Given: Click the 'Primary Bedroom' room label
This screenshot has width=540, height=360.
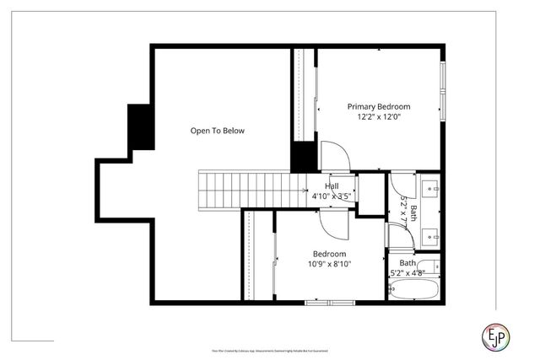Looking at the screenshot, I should click(x=379, y=106).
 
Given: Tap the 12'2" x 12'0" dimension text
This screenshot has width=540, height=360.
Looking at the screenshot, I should click(x=379, y=117).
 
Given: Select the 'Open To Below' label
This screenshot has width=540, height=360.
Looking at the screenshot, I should click(x=217, y=131).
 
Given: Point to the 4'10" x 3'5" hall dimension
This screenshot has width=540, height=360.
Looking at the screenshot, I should click(x=331, y=196).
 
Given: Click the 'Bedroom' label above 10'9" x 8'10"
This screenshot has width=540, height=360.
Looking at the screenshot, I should click(x=329, y=254).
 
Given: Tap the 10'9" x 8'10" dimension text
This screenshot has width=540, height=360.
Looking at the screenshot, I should click(x=329, y=264).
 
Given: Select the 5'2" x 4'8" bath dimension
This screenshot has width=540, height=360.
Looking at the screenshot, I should click(x=408, y=273).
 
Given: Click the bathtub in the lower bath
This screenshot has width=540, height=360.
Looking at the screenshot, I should click(x=413, y=291).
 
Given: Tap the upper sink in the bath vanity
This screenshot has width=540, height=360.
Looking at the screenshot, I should click(x=431, y=187).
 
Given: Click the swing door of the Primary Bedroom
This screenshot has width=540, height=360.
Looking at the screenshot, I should click(x=334, y=156).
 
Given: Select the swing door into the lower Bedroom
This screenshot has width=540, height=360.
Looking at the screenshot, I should click(x=334, y=221).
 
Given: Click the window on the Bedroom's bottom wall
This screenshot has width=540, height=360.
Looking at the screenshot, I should click(x=331, y=302).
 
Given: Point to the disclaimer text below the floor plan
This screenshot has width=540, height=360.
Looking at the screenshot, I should click(x=269, y=349).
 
